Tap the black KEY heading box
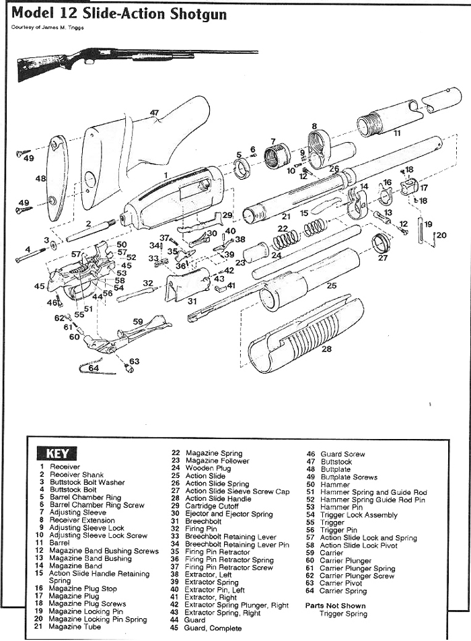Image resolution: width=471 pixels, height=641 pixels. click(x=61, y=453)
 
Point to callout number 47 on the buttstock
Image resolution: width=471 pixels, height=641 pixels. click(x=154, y=113)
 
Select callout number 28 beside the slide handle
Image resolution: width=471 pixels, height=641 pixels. click(x=327, y=349)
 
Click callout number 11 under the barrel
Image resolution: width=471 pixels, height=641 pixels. click(x=397, y=133)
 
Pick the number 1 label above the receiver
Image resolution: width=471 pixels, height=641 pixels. click(x=165, y=174)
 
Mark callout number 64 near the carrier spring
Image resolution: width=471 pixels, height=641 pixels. click(x=94, y=368)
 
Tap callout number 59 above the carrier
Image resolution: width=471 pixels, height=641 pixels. click(x=138, y=322)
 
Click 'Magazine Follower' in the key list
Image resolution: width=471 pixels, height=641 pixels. click(x=217, y=461)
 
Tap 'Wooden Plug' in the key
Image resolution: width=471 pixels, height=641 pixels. click(x=208, y=469)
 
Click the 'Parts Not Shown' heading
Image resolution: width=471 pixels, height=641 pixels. click(x=336, y=605)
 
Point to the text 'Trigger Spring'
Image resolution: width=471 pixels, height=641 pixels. click(x=343, y=613)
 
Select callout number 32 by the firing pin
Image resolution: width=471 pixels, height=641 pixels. click(x=148, y=283)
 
